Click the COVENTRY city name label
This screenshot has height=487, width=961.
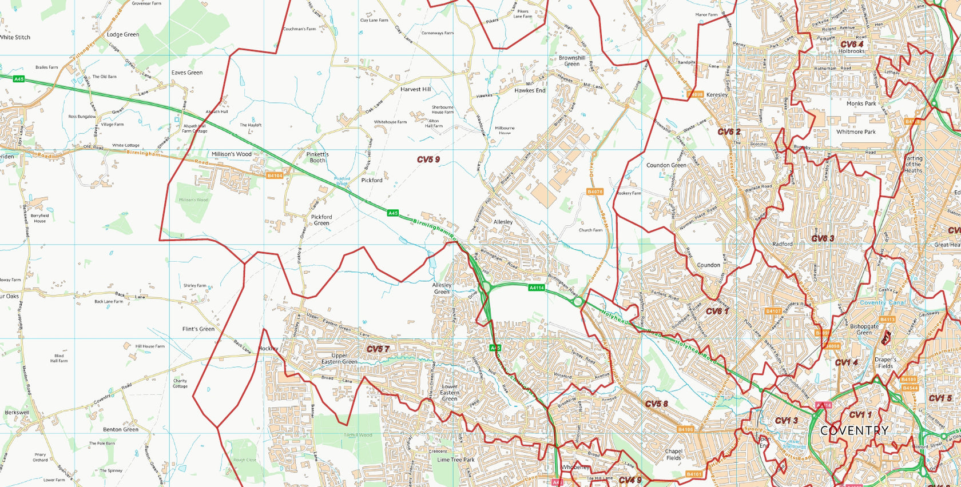click(x=854, y=430)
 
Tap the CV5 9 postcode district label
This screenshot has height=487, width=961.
click(x=428, y=159)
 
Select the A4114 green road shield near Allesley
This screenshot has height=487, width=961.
click(x=536, y=288)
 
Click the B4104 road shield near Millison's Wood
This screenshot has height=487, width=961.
click(x=275, y=175)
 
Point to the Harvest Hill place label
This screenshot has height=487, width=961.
click(x=415, y=89)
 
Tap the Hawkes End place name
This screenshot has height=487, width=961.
click(x=530, y=90)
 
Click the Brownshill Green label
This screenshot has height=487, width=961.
click(x=572, y=61)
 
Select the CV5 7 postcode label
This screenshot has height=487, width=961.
click(x=378, y=349)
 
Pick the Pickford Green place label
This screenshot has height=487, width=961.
click(x=321, y=219)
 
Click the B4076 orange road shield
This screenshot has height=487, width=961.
click(x=595, y=191)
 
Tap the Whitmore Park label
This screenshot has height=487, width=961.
click(x=856, y=132)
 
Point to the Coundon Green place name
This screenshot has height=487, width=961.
click(x=666, y=165)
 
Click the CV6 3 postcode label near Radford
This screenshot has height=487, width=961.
click(x=823, y=238)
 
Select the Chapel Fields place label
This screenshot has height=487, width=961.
click(x=674, y=454)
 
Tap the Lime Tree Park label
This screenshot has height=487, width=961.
click(x=456, y=460)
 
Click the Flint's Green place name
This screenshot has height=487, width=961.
click(x=198, y=329)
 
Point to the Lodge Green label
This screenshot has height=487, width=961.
click(x=123, y=34)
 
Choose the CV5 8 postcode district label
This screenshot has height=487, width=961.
click(x=656, y=404)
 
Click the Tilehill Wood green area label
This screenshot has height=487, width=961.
click(x=358, y=435)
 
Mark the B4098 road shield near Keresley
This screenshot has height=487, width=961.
click(x=696, y=94)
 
